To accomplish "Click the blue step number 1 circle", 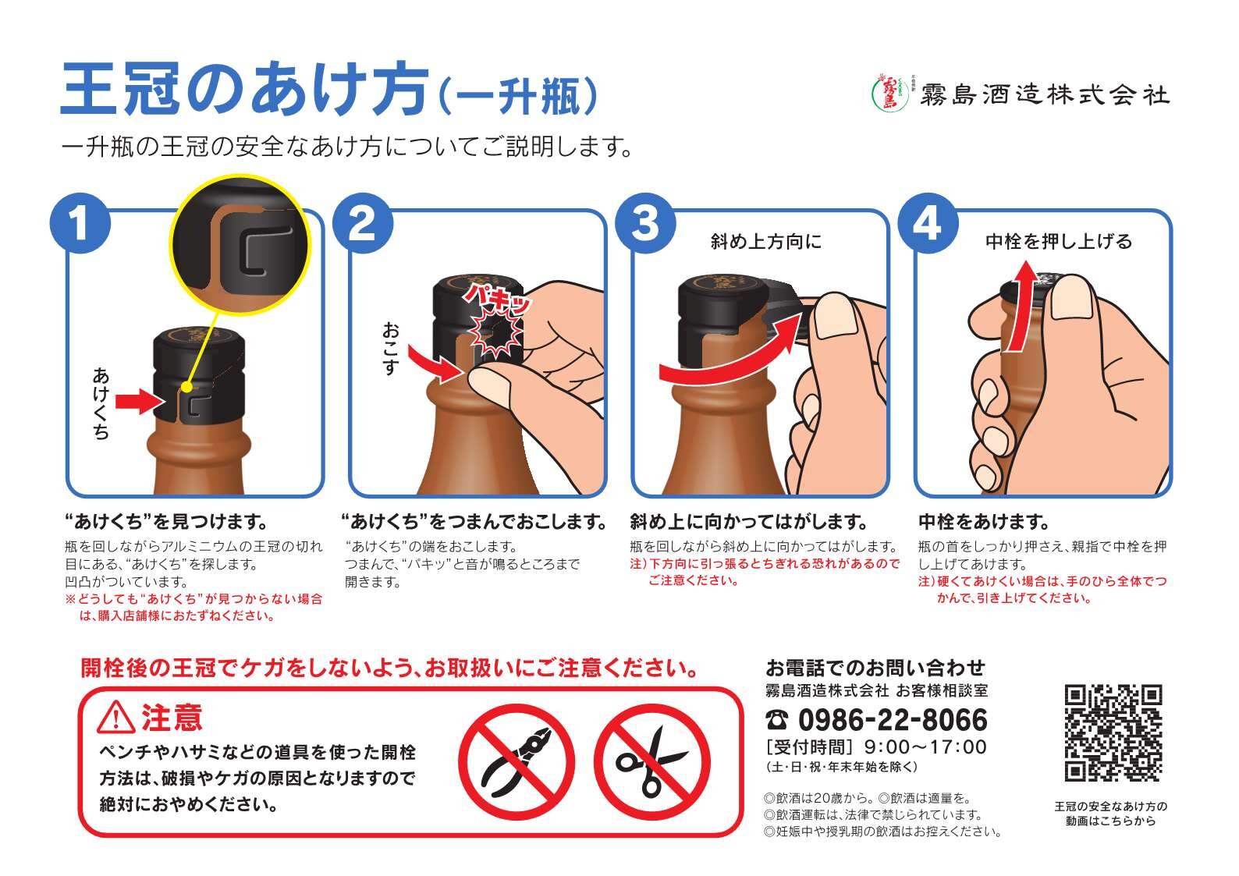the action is point(80,223).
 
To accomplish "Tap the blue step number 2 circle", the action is point(363,223).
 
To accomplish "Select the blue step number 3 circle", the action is point(645,223).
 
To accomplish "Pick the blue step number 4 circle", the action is point(928,223).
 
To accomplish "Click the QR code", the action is point(1113,732).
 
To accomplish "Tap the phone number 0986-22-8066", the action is point(893,720).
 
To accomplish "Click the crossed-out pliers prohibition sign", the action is point(517,761).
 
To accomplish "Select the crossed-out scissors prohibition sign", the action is point(652,761).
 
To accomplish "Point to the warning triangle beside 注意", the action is point(115,718).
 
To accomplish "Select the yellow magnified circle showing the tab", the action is point(240,244).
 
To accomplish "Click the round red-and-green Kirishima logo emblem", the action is point(889,94).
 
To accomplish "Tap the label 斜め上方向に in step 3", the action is point(766,242).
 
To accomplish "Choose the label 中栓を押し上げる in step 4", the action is point(1059,242).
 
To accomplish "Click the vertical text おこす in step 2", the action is point(391,349).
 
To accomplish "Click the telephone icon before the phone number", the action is point(777,720).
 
